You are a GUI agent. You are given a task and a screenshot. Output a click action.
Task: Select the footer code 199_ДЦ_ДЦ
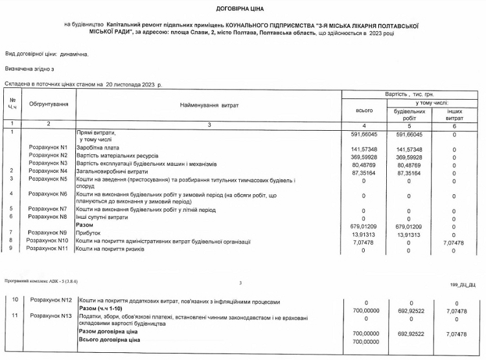point(463,283)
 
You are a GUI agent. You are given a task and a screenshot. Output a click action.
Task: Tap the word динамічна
point(75,54)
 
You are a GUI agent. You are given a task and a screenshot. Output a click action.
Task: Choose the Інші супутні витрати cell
point(107,218)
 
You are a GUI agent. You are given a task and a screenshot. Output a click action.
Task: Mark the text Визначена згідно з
point(30,68)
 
